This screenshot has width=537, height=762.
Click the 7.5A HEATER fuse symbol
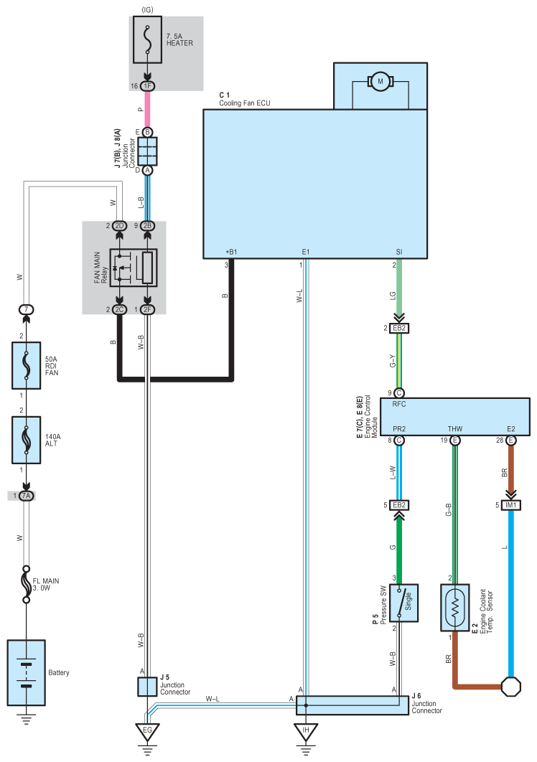click(x=147, y=39)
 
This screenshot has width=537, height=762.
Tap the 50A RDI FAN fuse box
click(x=27, y=365)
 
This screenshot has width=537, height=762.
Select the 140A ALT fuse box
click(x=27, y=440)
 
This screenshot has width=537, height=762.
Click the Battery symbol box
click(x=27, y=672)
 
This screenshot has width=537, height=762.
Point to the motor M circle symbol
click(x=380, y=82)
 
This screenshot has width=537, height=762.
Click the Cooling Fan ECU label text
click(x=245, y=103)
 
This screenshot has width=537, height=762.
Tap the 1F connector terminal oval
click(x=147, y=86)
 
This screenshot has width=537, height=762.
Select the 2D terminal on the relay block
click(x=119, y=226)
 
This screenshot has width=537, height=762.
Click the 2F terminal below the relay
click(x=147, y=309)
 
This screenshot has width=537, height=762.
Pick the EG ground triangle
click(x=147, y=732)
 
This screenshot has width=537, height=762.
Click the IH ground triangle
click(x=305, y=732)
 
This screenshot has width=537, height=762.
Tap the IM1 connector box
click(x=510, y=505)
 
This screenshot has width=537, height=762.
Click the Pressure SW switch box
click(x=403, y=603)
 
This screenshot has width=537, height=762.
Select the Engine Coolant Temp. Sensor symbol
click(x=454, y=608)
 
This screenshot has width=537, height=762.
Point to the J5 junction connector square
click(x=147, y=687)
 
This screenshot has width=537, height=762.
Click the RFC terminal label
click(x=399, y=405)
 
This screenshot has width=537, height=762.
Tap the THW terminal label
click(x=454, y=428)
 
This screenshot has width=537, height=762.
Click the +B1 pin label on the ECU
click(x=231, y=252)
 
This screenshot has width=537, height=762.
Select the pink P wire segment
click(x=147, y=109)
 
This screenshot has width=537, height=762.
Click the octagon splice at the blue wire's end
click(x=510, y=687)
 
